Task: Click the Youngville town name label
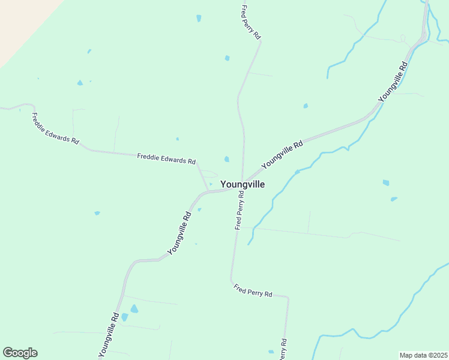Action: (243, 184)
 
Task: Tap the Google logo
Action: (20, 353)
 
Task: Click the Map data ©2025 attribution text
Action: (424, 355)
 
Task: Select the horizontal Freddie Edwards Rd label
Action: (166, 158)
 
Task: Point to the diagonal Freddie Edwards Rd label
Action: (55, 129)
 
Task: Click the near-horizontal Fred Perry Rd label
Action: (253, 291)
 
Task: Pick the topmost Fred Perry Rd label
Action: (251, 23)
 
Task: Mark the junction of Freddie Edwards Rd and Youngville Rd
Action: (208, 191)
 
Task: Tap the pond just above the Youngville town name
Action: (226, 159)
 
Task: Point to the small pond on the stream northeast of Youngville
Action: (297, 172)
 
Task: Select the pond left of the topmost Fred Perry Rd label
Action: (199, 19)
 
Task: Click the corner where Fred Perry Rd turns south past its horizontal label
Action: (288, 298)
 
